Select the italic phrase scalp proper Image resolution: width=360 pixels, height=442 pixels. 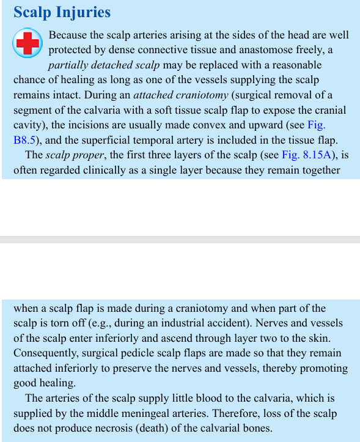(x=73, y=155)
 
